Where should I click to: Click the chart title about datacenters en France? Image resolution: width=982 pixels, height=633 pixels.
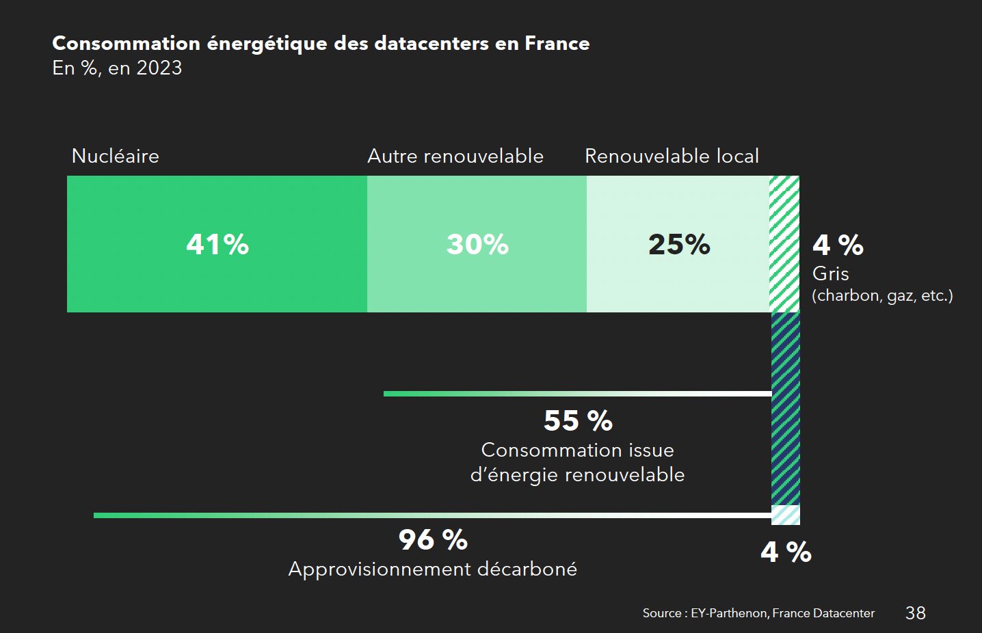coord(321,43)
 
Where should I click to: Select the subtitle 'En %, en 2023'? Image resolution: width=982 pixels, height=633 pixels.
coord(117,68)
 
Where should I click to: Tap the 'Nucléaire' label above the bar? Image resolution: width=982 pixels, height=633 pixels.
coord(116,156)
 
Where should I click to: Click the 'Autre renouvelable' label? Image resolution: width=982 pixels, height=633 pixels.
coord(455,156)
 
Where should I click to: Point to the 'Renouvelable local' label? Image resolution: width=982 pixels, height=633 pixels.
coord(672,156)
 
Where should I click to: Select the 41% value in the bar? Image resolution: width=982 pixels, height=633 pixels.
coord(217,245)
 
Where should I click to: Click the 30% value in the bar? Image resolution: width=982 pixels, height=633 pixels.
coord(477,245)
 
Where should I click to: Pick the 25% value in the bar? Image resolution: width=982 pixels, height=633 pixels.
coord(679,245)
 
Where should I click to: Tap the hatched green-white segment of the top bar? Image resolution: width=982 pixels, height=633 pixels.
coord(784,243)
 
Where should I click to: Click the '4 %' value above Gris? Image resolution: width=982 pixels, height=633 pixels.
coord(838,245)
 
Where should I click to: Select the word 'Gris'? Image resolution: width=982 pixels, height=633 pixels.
coord(830,273)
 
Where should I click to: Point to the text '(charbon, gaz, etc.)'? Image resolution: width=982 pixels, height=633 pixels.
coord(882,295)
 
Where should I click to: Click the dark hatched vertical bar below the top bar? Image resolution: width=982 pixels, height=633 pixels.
coord(785,408)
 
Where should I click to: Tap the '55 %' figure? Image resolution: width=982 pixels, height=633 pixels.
coord(578,420)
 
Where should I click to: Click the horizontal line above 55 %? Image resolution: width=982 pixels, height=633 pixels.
coord(577,394)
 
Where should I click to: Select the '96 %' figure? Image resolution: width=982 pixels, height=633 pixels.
coord(433,540)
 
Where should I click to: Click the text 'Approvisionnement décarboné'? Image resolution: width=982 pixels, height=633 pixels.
coord(432,569)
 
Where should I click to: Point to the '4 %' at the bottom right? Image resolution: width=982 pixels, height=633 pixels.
coord(786,552)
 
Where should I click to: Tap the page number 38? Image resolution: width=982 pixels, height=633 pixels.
coord(915,613)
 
